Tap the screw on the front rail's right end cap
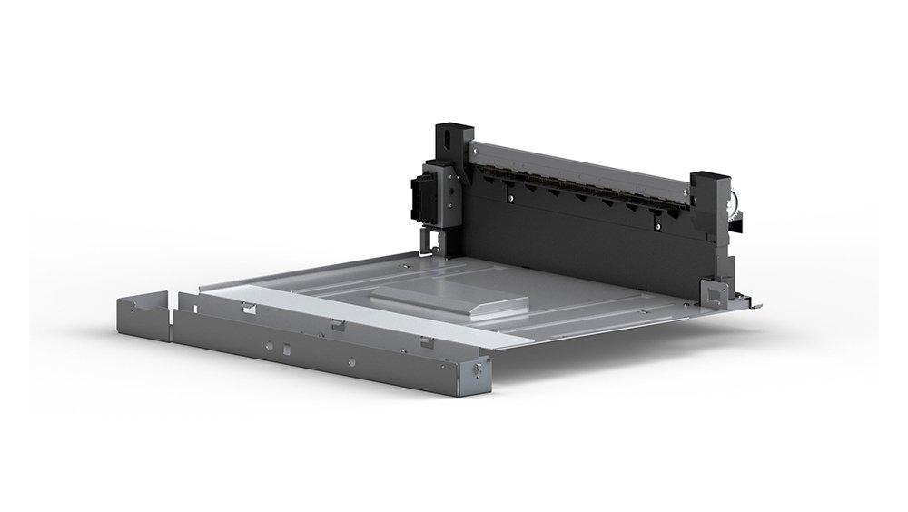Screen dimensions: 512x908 coord(479,372)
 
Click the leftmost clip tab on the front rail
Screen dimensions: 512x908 coord(247,307)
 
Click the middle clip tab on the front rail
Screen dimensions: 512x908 coord(337,324)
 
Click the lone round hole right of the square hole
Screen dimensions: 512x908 coord(352,360)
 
